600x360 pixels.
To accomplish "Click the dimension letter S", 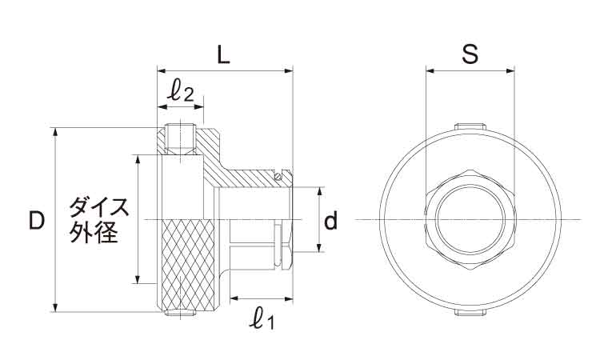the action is pyautogui.click(x=470, y=54).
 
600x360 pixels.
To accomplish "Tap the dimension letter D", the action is pyautogui.click(x=37, y=221).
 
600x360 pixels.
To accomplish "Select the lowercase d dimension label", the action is pyautogui.click(x=331, y=221).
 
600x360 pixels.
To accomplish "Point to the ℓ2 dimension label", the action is pyautogui.click(x=182, y=92).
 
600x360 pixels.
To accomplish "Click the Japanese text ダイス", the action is pyautogui.click(x=98, y=207).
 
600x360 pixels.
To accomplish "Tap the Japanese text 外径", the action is pyautogui.click(x=93, y=233).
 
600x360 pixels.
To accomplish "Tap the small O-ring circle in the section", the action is pyautogui.click(x=278, y=176).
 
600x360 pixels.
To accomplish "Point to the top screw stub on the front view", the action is pyautogui.click(x=470, y=126).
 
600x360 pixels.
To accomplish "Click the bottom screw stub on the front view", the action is pyautogui.click(x=470, y=313).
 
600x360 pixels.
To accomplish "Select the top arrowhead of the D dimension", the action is pyautogui.click(x=56, y=132).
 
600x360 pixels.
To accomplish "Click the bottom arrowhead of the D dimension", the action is pyautogui.click(x=56, y=307).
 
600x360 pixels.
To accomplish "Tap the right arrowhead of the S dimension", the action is pyautogui.click(x=510, y=70).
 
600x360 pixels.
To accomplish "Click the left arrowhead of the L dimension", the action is pyautogui.click(x=162, y=70).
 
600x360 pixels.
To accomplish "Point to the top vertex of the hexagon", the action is pyautogui.click(x=470, y=169).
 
